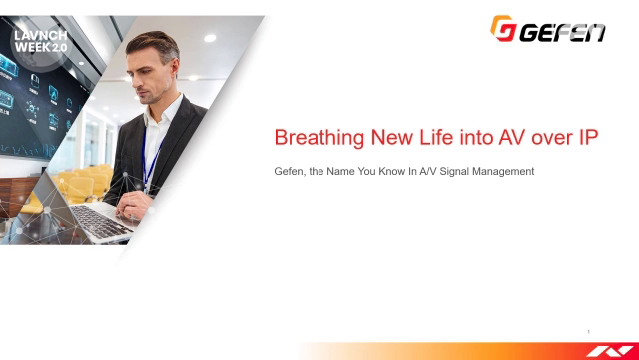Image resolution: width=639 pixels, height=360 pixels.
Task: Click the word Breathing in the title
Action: (313, 139)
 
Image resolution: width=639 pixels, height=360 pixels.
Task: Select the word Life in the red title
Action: (424, 139)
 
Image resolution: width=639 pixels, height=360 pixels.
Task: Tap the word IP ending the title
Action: (587, 139)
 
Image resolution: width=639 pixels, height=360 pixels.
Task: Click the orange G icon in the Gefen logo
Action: (502, 28)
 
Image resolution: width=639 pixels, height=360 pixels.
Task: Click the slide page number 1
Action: (589, 332)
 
